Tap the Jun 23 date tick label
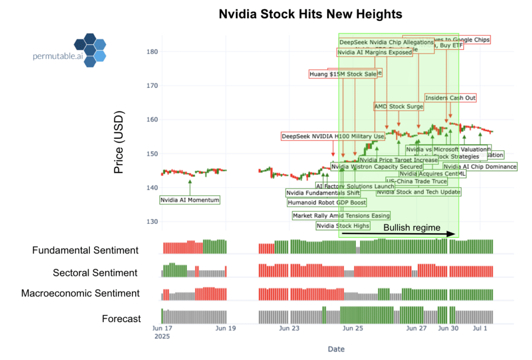[x=289, y=328]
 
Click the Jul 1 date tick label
[x=480, y=328]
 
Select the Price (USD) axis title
[x=119, y=142]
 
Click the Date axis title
[x=336, y=349]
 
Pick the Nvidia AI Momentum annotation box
[x=190, y=200]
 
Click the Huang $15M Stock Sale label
[x=343, y=74]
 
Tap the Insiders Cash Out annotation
[x=450, y=98]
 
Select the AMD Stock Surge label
[x=398, y=106]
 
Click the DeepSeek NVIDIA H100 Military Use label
[x=332, y=137]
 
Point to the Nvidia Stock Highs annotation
[x=343, y=225]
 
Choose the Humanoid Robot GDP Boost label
[x=326, y=203]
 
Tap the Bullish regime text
[x=411, y=228]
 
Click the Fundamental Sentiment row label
[x=85, y=250]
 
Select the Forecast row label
[x=121, y=318]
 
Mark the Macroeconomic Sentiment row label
[x=81, y=294]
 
